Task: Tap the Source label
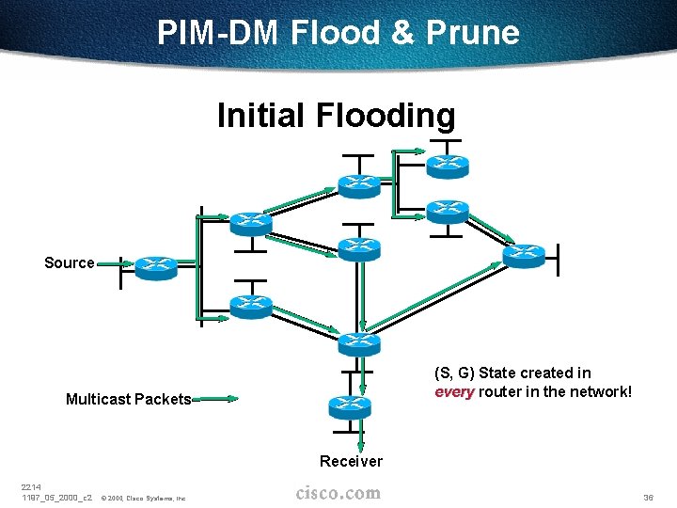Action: coord(70,263)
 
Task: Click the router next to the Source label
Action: coord(155,267)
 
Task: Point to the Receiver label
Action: coord(351,461)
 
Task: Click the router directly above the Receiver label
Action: coord(350,406)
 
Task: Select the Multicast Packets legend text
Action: coord(128,399)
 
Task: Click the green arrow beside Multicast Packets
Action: coord(215,399)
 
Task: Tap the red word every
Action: coord(454,391)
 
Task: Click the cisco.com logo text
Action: coord(338,493)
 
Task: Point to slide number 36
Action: coord(648,496)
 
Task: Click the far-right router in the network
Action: coord(524,255)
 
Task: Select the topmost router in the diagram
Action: coord(447,164)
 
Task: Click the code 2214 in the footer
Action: coord(32,485)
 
